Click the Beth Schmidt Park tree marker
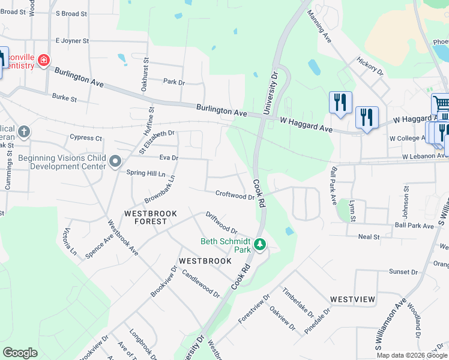pyautogui.click(x=260, y=244)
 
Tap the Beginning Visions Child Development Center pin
pyautogui.click(x=116, y=161)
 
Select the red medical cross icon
pyautogui.click(x=43, y=61)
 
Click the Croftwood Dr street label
pyautogui.click(x=235, y=196)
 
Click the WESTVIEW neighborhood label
pyautogui.click(x=352, y=299)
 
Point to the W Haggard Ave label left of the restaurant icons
pyautogui.click(x=306, y=124)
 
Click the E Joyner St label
pyautogui.click(x=72, y=41)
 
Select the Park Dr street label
pyautogui.click(x=174, y=81)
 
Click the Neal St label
pyautogui.click(x=369, y=237)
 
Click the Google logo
pyautogui.click(x=20, y=353)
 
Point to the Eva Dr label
pyautogui.click(x=169, y=157)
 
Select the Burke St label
pyautogui.click(x=65, y=97)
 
